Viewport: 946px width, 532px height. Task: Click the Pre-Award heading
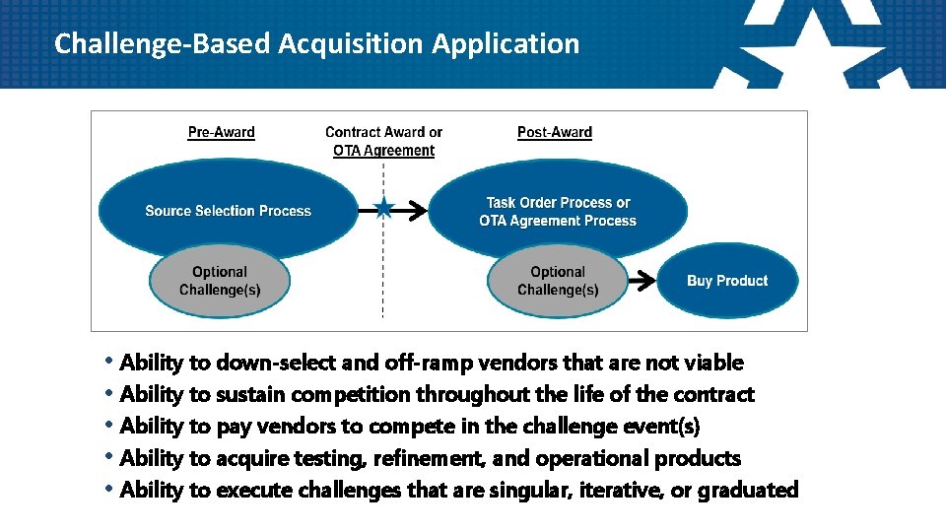[221, 132]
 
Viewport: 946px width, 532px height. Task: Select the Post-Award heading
[555, 132]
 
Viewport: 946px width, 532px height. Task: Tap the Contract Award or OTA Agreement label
[383, 141]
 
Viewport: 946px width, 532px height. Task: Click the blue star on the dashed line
[383, 209]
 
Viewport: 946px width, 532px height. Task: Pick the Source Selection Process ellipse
[228, 210]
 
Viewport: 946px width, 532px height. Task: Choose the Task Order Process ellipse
[558, 211]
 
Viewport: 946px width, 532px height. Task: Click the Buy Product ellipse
[727, 281]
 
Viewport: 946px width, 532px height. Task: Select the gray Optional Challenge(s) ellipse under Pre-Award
[220, 281]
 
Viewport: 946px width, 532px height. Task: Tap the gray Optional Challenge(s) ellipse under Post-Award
[558, 281]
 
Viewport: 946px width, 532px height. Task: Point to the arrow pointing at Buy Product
[642, 281]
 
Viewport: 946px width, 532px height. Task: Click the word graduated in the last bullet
[747, 490]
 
